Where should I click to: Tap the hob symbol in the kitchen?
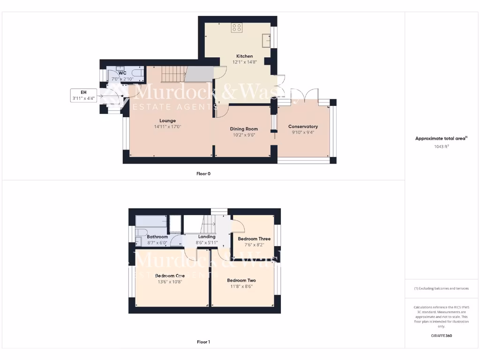(x=237, y=28)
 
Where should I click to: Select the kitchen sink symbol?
(x=267, y=41)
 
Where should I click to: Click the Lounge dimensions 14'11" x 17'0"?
(x=167, y=127)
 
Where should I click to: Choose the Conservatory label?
(x=303, y=127)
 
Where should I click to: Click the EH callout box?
(x=83, y=95)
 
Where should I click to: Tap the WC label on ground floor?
(x=122, y=73)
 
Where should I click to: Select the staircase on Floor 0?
(x=174, y=74)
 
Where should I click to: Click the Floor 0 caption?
(x=203, y=173)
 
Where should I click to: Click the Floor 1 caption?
(x=203, y=342)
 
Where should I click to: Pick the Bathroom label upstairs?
(x=157, y=237)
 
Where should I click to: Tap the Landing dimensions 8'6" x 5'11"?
(x=207, y=243)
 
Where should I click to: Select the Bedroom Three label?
(x=254, y=239)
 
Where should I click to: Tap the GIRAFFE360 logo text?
(x=442, y=336)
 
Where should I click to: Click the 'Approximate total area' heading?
(x=441, y=138)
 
